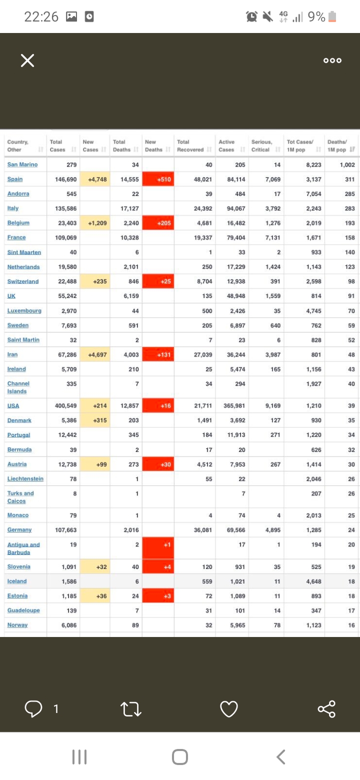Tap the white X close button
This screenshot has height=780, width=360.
(x=27, y=60)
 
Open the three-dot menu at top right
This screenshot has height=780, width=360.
(x=332, y=60)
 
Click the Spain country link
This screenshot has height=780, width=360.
(x=15, y=179)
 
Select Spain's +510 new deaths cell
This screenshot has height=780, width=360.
(x=158, y=179)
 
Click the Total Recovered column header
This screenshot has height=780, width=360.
(x=190, y=145)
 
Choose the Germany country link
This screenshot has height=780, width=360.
(x=19, y=529)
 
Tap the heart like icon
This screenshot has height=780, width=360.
(x=228, y=708)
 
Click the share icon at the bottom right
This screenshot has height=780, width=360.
(x=326, y=708)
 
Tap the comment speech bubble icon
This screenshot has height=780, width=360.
(x=33, y=708)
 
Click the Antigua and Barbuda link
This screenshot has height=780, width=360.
(x=23, y=548)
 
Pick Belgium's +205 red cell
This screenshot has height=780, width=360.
(x=158, y=223)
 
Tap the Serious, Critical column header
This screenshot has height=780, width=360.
(x=261, y=145)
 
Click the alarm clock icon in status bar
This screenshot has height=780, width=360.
(x=252, y=17)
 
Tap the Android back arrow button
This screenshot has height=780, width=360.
(x=281, y=756)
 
